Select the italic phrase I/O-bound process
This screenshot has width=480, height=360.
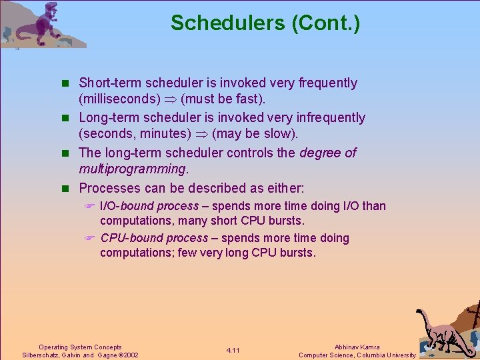tap(149, 207)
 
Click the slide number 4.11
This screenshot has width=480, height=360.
tap(233, 351)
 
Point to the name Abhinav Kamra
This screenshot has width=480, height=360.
tap(357, 347)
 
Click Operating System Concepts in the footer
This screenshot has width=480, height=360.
tap(80, 347)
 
